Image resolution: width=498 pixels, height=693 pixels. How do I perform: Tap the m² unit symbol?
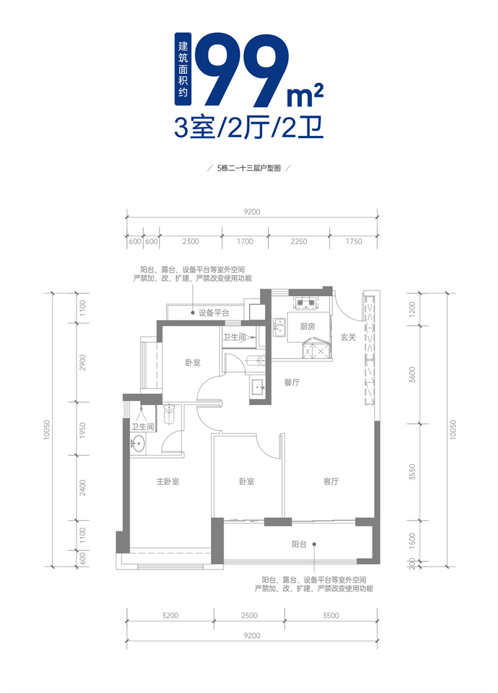(305, 95)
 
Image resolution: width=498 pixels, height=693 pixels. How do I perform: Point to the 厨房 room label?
(308, 326)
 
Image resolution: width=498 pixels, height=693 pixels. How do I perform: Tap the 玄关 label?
(348, 337)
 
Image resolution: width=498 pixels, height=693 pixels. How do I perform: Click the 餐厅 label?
(293, 383)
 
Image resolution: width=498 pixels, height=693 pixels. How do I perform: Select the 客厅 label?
(331, 482)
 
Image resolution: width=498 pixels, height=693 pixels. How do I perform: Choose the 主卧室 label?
(167, 482)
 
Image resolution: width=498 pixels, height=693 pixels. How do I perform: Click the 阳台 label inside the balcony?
(299, 544)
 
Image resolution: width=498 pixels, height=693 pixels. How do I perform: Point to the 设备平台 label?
(214, 313)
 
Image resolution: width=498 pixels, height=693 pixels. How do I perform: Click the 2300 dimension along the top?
(191, 242)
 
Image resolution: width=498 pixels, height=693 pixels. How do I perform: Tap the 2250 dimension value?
(299, 242)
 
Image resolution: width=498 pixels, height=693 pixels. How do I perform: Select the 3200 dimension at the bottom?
(170, 616)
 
